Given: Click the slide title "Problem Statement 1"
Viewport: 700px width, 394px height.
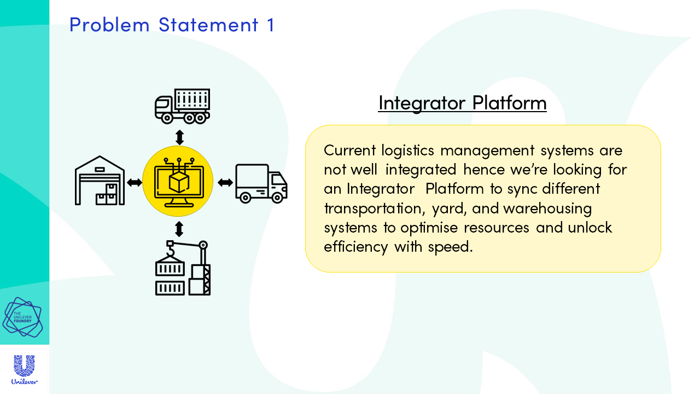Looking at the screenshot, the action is pyautogui.click(x=172, y=25).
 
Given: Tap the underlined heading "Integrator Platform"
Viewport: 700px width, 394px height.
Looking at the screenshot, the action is pyautogui.click(x=463, y=103).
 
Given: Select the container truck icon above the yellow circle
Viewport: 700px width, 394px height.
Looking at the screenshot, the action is pyautogui.click(x=183, y=106).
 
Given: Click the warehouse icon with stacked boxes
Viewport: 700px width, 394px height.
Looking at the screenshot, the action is pyautogui.click(x=100, y=181).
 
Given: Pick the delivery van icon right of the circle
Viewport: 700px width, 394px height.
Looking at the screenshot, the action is pyautogui.click(x=261, y=183).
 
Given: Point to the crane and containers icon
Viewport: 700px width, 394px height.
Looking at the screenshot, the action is pyautogui.click(x=183, y=268).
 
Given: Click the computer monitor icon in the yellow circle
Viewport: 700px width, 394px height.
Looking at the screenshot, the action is pyautogui.click(x=179, y=183).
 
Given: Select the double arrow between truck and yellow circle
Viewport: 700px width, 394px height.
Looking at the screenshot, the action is pyautogui.click(x=179, y=137).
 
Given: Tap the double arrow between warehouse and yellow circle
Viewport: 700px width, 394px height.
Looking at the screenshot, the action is pyautogui.click(x=135, y=182).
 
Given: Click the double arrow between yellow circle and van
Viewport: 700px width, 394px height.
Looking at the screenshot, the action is pyautogui.click(x=225, y=182).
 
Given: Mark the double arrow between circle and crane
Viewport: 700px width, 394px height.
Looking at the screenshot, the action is pyautogui.click(x=179, y=229).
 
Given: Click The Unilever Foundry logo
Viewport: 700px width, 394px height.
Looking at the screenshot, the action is pyautogui.click(x=22, y=317).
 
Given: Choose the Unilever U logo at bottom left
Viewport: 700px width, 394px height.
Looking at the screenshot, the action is pyautogui.click(x=25, y=369).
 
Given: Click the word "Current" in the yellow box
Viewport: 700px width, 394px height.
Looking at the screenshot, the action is pyautogui.click(x=349, y=150).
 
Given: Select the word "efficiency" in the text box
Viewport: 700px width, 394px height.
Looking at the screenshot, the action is pyautogui.click(x=355, y=246).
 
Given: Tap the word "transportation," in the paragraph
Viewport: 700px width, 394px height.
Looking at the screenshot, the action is pyautogui.click(x=375, y=208).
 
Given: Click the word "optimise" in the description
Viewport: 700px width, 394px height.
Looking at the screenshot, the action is pyautogui.click(x=429, y=228).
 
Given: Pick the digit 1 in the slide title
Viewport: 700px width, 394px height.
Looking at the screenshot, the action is pyautogui.click(x=271, y=25).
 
